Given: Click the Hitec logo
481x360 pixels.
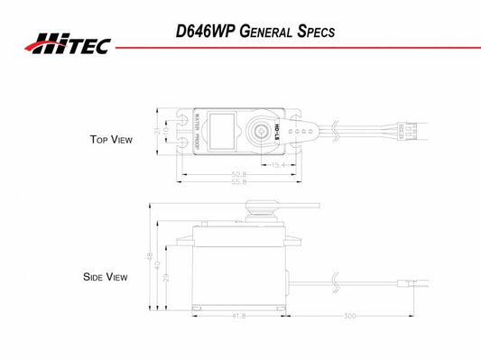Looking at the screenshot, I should tap(67, 42).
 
